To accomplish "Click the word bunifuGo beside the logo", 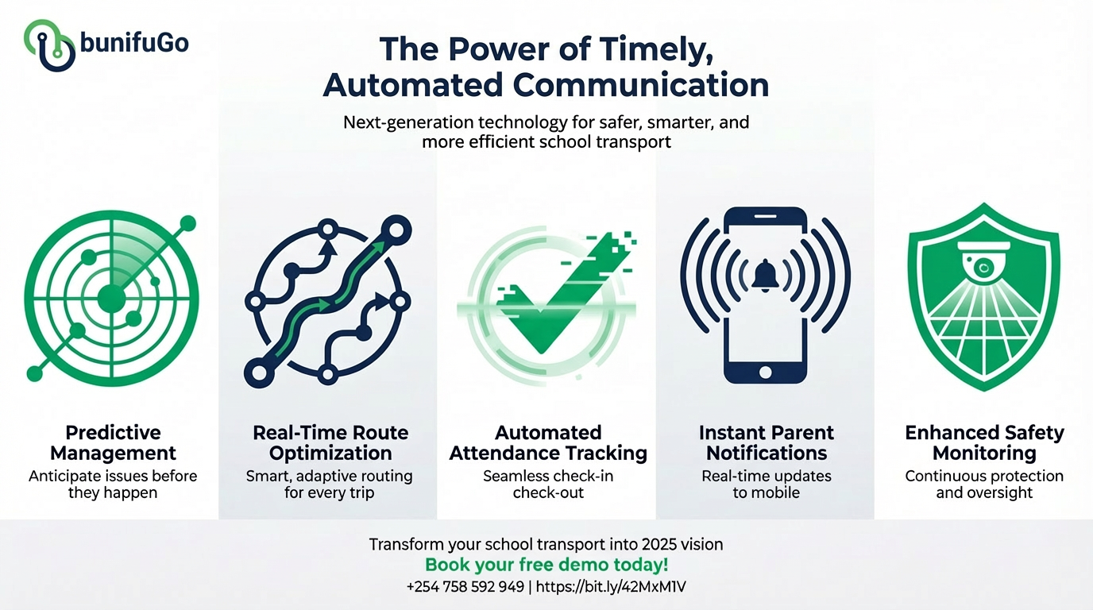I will point(134,43).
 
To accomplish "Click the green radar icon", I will point(110,297).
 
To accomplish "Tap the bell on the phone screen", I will point(765,275).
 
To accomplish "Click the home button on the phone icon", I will point(765,371).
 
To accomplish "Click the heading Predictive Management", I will point(113,443).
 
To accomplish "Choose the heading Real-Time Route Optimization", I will point(330,443).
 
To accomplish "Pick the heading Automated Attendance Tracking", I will point(548,443).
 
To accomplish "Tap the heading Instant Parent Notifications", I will point(767,443).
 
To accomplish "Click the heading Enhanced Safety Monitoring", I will point(984,443).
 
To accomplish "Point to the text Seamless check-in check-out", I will point(548,484).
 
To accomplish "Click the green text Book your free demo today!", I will point(546,566).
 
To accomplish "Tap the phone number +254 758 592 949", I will point(465,587).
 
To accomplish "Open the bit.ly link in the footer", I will point(614,587).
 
